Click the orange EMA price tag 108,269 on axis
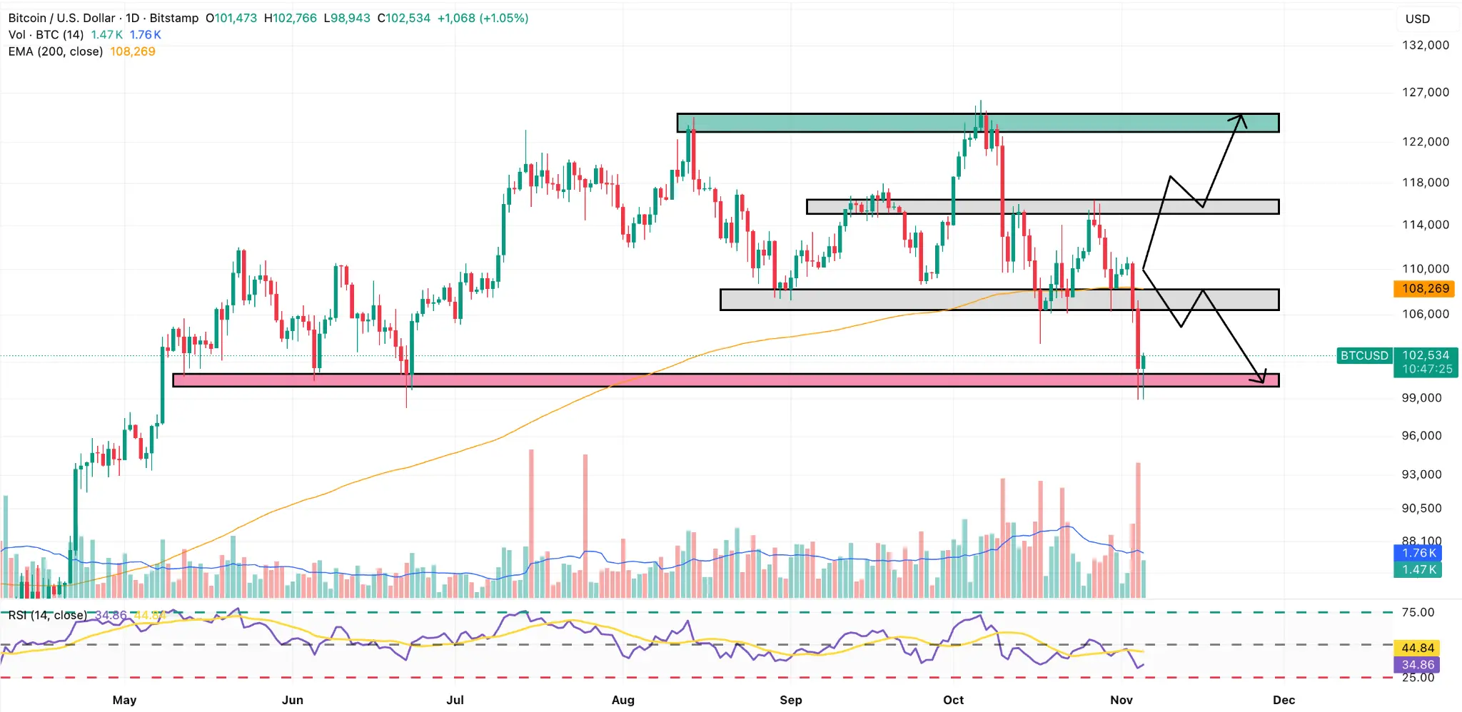1425,289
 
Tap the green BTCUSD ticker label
1363,355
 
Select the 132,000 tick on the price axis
1425,45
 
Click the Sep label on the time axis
790,700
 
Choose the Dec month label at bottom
1283,700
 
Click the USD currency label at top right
1417,19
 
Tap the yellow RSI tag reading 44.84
1417,648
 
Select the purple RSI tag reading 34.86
1417,665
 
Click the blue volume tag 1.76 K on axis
1418,553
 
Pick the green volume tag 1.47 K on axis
1418,569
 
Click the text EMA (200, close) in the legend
56,51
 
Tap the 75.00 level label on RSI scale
1417,612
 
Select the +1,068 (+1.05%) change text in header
483,18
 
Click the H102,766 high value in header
291,18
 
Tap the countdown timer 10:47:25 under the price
1426,369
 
